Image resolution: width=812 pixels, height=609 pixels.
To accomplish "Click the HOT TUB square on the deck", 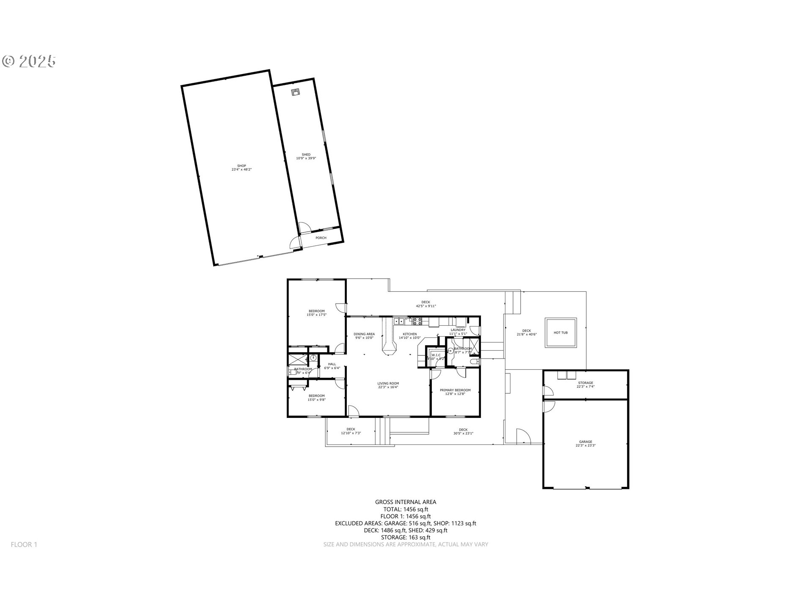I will pyautogui.click(x=560, y=333).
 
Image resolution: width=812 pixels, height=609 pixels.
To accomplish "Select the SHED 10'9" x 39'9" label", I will pyautogui.click(x=306, y=156).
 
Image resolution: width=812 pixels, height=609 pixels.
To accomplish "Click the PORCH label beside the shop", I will pyautogui.click(x=321, y=238).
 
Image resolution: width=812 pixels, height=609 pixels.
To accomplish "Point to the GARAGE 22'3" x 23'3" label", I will pyautogui.click(x=585, y=444).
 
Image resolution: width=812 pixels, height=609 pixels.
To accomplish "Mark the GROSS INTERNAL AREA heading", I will pyautogui.click(x=406, y=502).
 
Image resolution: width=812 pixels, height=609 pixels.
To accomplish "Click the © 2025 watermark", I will pyautogui.click(x=29, y=61).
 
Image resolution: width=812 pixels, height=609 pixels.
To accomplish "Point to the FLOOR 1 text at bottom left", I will pyautogui.click(x=24, y=545).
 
